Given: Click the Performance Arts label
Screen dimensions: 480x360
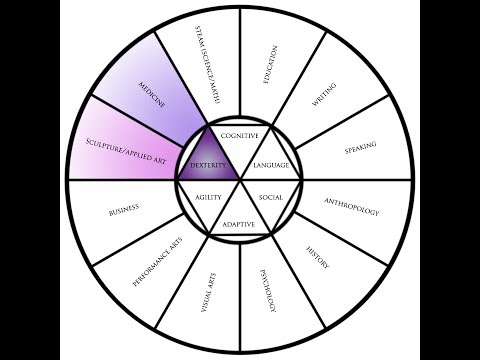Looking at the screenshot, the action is [x=156, y=262].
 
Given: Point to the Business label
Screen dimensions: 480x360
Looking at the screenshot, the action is [x=121, y=212].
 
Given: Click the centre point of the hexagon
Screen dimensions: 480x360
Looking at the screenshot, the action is [x=240, y=180].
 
